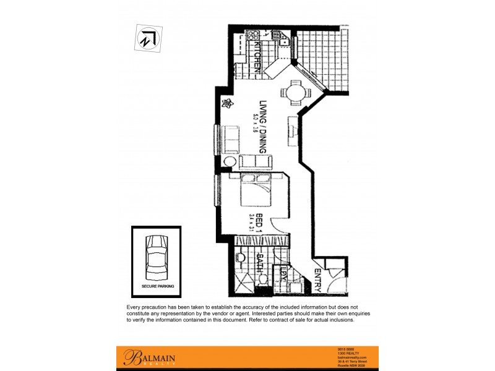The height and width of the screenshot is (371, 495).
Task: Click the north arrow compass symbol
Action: click(146, 39)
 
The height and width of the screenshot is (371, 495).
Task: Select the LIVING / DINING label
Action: click(262, 127)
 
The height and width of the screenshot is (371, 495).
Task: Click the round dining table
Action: click(292, 92)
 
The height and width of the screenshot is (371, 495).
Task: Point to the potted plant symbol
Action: click(228, 103)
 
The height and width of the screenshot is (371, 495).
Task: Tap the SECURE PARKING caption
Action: click(157, 286)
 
